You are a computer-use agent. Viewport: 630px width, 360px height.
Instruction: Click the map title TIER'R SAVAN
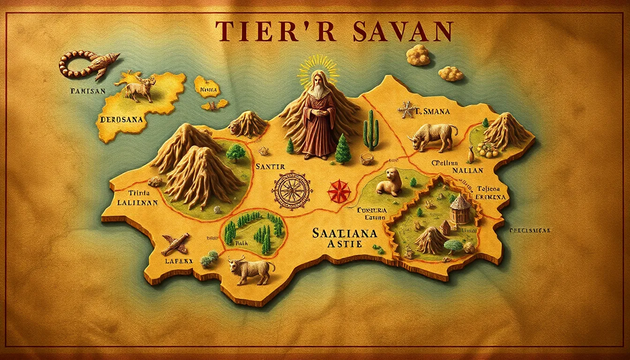click(x=333, y=31)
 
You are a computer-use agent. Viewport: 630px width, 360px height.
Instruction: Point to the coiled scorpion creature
click(x=87, y=64)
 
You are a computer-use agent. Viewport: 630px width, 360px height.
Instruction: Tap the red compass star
click(x=340, y=191)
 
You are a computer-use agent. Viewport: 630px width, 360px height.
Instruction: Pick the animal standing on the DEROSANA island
click(x=139, y=88)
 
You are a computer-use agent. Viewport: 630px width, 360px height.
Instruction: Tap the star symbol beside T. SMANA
click(x=407, y=110)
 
